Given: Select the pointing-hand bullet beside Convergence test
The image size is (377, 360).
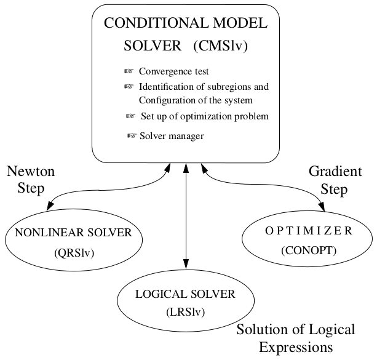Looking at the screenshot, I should pos(129,71).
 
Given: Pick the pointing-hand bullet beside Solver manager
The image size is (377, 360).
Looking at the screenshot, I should pos(131,135).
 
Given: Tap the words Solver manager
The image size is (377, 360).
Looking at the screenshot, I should pos(172,135).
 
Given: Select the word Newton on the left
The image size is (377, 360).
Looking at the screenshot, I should pos(31,172).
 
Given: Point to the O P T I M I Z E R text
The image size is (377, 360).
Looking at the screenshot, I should pos(308,231).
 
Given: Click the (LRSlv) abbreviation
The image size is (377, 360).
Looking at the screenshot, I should pos(185,312).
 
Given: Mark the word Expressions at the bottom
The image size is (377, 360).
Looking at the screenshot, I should pos(296,347).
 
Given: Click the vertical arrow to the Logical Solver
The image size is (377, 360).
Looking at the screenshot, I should pos(185,215).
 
